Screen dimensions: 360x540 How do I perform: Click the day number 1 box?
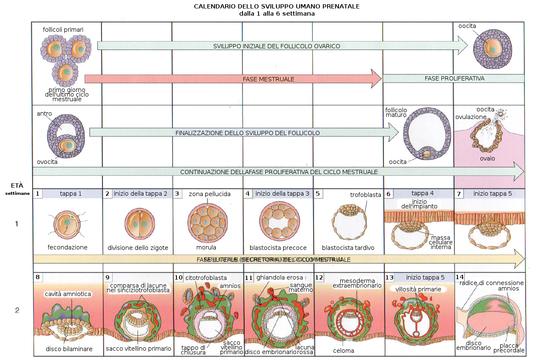click(x=38, y=194)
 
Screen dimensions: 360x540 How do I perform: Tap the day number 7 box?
click(x=459, y=194)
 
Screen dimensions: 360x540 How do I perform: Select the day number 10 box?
click(x=178, y=277)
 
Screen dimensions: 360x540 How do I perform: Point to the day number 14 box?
click(x=460, y=277)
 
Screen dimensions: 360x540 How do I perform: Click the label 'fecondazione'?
click(x=68, y=247)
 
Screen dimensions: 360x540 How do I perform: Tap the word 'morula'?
click(x=206, y=247)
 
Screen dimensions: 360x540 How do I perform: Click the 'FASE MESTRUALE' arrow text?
click(x=268, y=79)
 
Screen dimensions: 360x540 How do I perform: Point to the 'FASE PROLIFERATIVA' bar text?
click(x=455, y=78)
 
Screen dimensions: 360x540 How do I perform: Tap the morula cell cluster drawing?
click(x=207, y=221)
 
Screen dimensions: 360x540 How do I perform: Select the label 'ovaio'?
click(x=487, y=158)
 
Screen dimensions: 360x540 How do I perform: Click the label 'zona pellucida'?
click(x=209, y=194)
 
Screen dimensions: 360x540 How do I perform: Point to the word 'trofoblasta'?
click(x=366, y=195)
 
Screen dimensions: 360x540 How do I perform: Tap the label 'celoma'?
click(x=344, y=351)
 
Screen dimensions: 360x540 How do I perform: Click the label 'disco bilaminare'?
click(x=69, y=349)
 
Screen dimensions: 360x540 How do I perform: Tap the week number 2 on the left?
click(x=17, y=310)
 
